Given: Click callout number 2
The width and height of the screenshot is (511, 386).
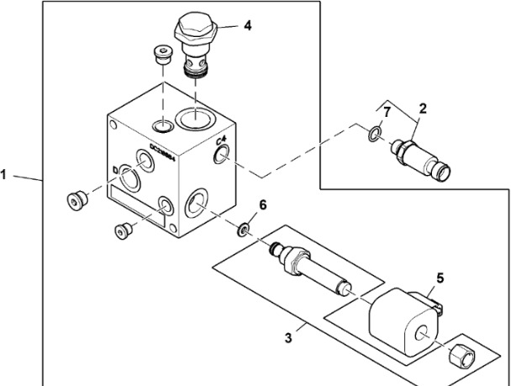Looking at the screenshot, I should [x=423, y=108].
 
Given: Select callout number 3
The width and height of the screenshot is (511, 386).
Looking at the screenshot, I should [x=288, y=338].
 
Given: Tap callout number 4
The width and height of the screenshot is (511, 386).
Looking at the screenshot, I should [x=247, y=25].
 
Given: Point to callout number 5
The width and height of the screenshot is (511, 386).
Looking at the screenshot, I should [x=440, y=278].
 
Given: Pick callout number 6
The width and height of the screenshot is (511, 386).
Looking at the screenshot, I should [x=261, y=205].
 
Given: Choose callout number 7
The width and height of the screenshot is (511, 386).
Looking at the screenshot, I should [x=387, y=112].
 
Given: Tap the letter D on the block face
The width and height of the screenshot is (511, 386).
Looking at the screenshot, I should [x=114, y=170].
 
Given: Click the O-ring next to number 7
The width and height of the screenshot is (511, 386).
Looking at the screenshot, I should [x=377, y=132].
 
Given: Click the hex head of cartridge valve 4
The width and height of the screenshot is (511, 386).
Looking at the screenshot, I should [x=196, y=32].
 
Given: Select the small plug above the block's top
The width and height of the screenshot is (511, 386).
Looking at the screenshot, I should [x=162, y=56].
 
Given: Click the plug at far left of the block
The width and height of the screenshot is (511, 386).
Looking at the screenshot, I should [x=78, y=201].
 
